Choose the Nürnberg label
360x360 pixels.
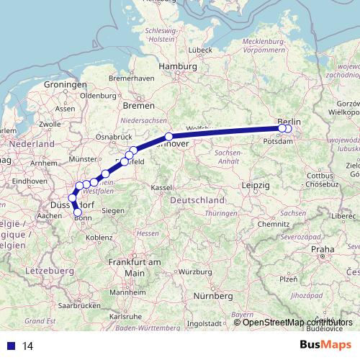pyautogui.click(x=214, y=295)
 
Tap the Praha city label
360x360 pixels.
pyautogui.click(x=323, y=249)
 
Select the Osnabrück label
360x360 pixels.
pyautogui.click(x=112, y=135)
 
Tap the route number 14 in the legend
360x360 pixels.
pyautogui.click(x=28, y=346)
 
